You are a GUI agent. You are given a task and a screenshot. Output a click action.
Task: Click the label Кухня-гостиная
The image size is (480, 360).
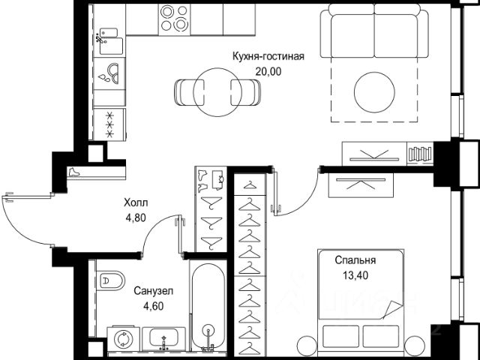click(268, 56)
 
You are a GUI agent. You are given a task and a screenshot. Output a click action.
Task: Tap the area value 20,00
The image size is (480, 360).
click(268, 71)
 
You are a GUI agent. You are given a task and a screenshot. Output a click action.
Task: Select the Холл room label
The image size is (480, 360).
click(136, 202)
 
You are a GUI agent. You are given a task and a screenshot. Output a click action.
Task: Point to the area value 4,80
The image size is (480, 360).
click(136, 217)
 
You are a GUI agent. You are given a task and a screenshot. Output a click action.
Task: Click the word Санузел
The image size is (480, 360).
click(153, 291)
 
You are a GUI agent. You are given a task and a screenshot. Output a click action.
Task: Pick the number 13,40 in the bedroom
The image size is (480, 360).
click(355, 275)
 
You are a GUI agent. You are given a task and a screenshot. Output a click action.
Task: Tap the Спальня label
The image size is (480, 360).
click(355, 260)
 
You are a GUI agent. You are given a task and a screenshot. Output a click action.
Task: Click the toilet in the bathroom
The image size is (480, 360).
click(111, 280)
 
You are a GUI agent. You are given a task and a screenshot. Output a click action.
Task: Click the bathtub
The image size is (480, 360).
click(208, 306)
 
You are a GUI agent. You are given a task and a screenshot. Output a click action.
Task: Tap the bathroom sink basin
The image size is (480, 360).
click(163, 338)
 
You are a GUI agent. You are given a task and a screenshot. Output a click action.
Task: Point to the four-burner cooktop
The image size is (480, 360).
click(174, 19)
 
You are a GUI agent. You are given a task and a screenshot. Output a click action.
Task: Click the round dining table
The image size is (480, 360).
click(217, 92)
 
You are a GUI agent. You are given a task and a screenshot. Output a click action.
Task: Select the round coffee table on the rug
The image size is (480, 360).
click(374, 92)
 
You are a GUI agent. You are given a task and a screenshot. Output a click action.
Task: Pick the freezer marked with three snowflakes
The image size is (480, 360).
click(109, 124)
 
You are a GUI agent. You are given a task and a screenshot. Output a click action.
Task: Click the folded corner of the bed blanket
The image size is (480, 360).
click(392, 310)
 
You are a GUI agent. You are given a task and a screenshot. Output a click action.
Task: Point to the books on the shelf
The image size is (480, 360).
click(420, 154)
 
